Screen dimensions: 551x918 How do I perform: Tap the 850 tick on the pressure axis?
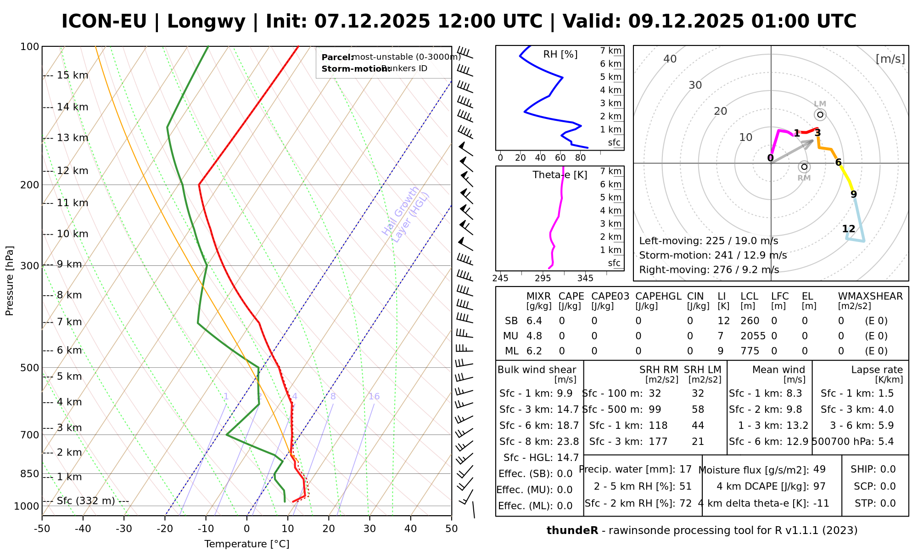pyautogui.click(x=30, y=473)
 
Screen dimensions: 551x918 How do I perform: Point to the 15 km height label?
pyautogui.click(x=73, y=75)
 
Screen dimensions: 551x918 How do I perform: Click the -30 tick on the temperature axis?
pyautogui.click(x=124, y=529)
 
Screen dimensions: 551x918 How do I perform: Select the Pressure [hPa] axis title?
pyautogui.click(x=10, y=281)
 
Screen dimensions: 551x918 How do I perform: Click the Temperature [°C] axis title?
pyautogui.click(x=246, y=544)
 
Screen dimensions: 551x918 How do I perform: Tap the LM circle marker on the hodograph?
pyautogui.click(x=820, y=115)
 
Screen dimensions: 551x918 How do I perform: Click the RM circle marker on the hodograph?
pyautogui.click(x=804, y=167)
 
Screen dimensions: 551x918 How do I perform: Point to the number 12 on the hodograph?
pyautogui.click(x=849, y=229)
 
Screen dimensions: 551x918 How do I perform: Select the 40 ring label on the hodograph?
pyautogui.click(x=670, y=59)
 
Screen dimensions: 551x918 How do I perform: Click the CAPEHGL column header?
pyautogui.click(x=658, y=297)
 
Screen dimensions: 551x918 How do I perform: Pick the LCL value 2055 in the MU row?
pyautogui.click(x=753, y=336)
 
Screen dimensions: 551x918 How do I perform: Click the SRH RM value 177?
pyautogui.click(x=658, y=442)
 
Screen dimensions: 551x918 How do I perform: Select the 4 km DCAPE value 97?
pyautogui.click(x=819, y=486)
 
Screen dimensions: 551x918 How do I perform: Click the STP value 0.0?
pyautogui.click(x=888, y=503)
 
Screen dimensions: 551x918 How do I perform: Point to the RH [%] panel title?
pyautogui.click(x=560, y=55)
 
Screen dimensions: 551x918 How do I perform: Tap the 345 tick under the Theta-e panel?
pyautogui.click(x=585, y=278)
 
